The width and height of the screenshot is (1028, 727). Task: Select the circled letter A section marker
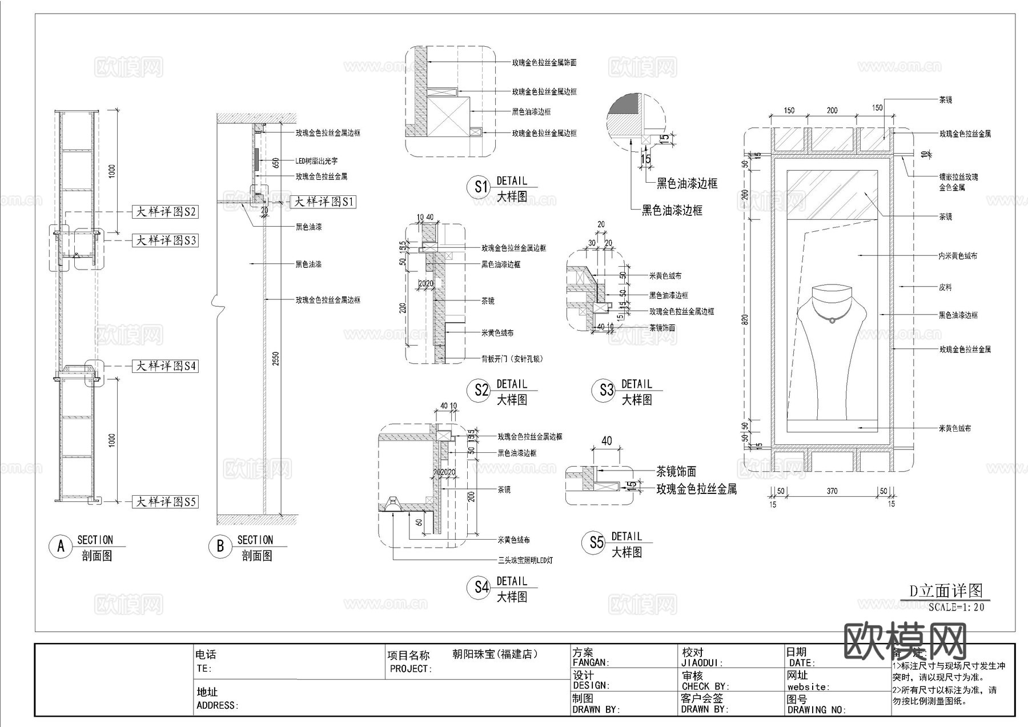tap(61, 547)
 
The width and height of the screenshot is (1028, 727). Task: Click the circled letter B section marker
tap(220, 547)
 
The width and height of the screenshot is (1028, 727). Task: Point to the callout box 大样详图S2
tap(165, 212)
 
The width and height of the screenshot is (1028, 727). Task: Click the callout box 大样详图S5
tap(165, 502)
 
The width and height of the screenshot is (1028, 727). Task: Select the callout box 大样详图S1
tap(323, 202)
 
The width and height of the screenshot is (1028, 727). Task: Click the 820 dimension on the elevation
tap(745, 320)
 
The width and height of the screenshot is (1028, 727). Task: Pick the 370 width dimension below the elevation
tap(832, 491)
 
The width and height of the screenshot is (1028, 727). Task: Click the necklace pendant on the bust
tap(833, 320)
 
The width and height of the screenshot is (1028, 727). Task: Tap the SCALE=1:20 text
tap(956, 607)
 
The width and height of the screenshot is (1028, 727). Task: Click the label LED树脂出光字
tap(316, 161)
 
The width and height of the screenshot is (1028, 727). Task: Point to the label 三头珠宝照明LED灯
tap(525, 561)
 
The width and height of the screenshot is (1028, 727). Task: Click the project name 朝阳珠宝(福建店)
tap(495, 654)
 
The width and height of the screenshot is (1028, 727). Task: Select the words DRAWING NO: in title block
tap(817, 710)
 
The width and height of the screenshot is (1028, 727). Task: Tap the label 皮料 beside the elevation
tap(945, 288)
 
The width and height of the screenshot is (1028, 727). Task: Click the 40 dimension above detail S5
tap(607, 441)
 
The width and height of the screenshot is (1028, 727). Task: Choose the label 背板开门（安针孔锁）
tap(512, 359)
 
